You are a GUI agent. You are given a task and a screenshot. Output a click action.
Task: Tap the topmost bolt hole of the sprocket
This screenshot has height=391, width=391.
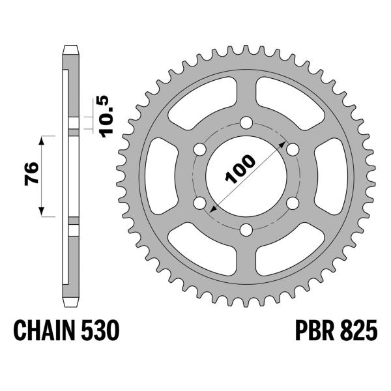pos(246,123)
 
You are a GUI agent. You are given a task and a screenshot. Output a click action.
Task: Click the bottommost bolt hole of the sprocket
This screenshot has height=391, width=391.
pos(246,229)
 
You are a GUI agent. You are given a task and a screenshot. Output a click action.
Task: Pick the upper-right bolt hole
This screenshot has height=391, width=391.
pos(292,149)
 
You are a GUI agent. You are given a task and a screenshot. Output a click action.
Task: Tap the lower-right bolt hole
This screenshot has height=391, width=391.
pos(292,203)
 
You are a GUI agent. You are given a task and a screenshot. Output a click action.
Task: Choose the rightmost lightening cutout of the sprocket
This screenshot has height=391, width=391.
pos(330,176)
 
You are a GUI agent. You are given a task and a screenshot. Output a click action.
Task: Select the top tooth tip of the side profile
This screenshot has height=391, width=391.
pos(70,48)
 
